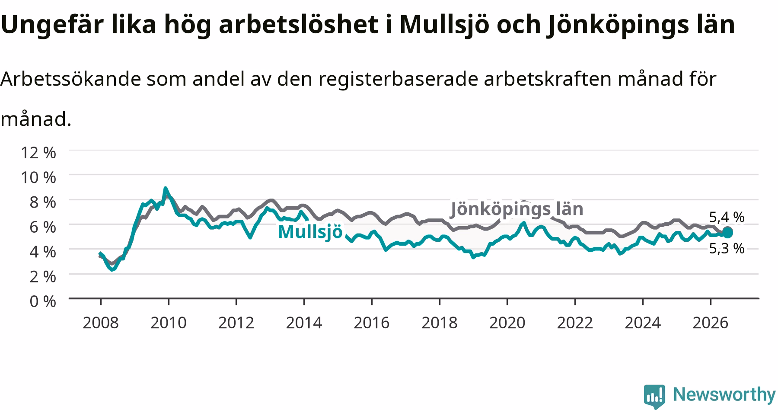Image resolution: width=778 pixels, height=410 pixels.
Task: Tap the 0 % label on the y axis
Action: pyautogui.click(x=43, y=301)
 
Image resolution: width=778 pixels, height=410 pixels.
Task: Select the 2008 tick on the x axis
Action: pyautogui.click(x=101, y=323)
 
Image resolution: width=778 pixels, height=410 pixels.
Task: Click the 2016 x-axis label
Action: pyautogui.click(x=372, y=323)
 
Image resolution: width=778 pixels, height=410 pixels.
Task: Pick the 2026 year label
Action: pyautogui.click(x=710, y=323)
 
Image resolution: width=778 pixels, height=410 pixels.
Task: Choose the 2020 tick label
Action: pyautogui.click(x=507, y=323)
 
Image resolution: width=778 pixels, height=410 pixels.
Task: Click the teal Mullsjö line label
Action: pyautogui.click(x=310, y=232)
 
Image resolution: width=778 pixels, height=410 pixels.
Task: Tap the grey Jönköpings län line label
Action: pyautogui.click(x=517, y=209)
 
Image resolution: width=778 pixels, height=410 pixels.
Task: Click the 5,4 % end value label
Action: pyautogui.click(x=727, y=217)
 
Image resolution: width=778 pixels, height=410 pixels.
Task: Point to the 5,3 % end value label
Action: pyautogui.click(x=727, y=248)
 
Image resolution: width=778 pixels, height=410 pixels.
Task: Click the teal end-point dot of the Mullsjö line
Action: pyautogui.click(x=727, y=232)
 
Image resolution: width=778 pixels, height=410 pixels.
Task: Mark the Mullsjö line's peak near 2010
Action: pyautogui.click(x=165, y=189)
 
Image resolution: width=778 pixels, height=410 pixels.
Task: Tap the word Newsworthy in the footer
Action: pyautogui.click(x=724, y=394)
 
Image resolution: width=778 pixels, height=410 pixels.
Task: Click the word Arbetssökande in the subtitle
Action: pyautogui.click(x=71, y=79)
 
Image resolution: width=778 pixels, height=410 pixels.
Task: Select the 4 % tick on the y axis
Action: pyautogui.click(x=43, y=251)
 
